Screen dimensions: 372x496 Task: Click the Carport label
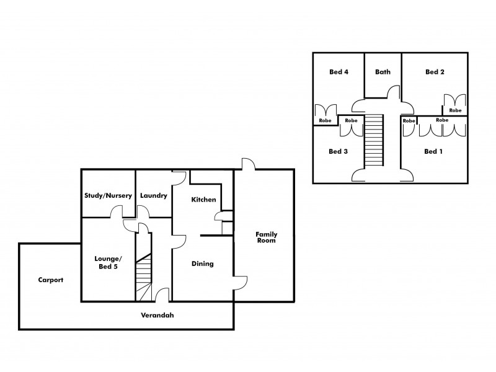[x=50, y=280]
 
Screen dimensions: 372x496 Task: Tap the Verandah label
[x=156, y=315]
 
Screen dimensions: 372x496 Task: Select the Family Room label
[x=267, y=237]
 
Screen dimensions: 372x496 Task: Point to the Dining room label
[x=202, y=263]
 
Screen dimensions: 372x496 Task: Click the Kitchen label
[x=203, y=200]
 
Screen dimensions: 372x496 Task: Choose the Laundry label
[x=153, y=195]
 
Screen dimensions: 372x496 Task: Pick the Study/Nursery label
[x=108, y=195]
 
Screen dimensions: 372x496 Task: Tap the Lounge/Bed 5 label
[x=107, y=262]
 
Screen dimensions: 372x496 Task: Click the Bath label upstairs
[x=383, y=72]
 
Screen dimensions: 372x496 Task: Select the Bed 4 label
[x=339, y=72]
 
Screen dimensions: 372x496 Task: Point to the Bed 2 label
[x=435, y=72]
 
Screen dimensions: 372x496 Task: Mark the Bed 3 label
[x=338, y=151]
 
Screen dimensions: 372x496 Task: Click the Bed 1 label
[x=434, y=151]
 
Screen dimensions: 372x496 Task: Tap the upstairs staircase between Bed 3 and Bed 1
[x=373, y=141]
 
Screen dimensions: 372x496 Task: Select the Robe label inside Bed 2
[x=455, y=110]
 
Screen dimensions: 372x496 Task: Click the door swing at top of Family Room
[x=247, y=164]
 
